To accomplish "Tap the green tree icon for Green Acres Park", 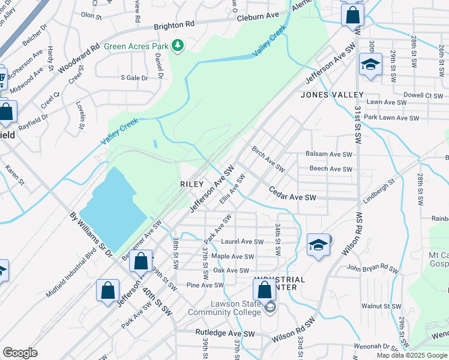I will point(177,46).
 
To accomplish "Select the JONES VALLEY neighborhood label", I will point(332,95).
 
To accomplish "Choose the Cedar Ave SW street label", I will point(292,197).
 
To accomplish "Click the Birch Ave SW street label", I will point(267,157).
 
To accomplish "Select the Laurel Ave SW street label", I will point(243,242).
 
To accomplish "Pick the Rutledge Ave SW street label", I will point(225,333).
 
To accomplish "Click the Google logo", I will point(20,352).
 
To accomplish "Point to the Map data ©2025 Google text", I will point(412,355).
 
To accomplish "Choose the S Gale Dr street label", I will point(134,77).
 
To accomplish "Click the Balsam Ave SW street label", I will point(329,154).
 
